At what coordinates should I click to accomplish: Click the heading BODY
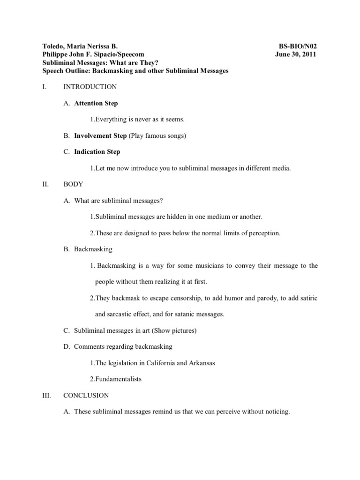(73, 184)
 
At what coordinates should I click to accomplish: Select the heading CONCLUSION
(86, 395)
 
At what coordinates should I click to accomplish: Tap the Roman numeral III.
(46, 395)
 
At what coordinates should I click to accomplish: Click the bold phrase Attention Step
(96, 103)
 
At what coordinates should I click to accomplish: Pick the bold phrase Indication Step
(97, 152)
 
